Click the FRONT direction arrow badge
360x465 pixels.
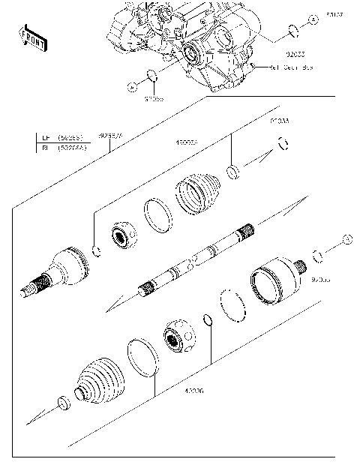click(30, 37)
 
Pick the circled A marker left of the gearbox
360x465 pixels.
click(132, 87)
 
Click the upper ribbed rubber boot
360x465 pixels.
click(198, 196)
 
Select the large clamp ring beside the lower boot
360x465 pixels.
click(142, 355)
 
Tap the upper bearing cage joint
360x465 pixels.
click(121, 236)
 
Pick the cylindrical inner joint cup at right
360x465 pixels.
click(274, 282)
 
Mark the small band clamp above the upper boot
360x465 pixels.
click(234, 172)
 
